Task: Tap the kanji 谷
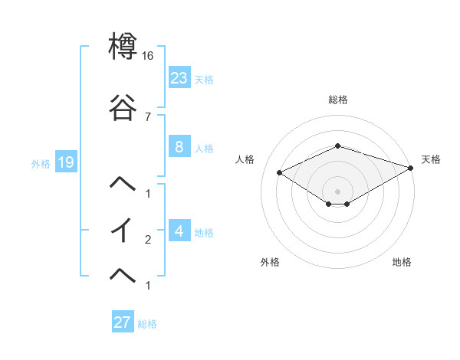point(123,110)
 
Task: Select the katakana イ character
point(123,231)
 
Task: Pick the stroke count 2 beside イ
point(147,240)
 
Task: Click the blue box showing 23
point(179,77)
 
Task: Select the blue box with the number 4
point(179,231)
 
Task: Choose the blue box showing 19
point(65,162)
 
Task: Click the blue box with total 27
point(123,322)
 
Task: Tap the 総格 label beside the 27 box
point(147,324)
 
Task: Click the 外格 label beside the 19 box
point(41,163)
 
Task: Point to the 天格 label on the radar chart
point(431,159)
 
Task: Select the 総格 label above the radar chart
point(338,100)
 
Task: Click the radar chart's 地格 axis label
point(402,263)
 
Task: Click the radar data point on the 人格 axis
point(279,172)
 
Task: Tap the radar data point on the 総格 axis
point(338,146)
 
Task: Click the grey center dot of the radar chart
point(338,191)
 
